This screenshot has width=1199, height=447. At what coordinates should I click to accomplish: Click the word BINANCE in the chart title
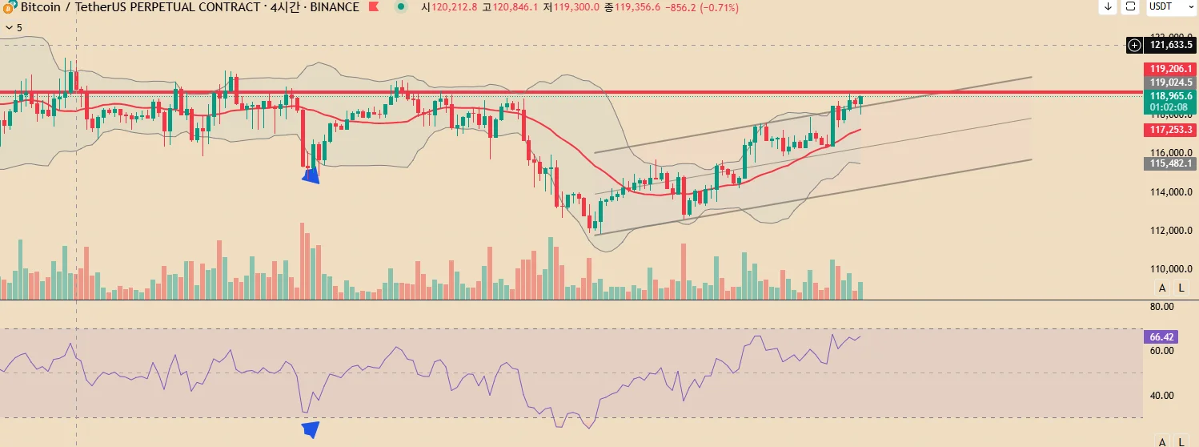(x=334, y=7)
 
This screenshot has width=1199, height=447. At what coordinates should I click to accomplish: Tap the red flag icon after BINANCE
(x=374, y=7)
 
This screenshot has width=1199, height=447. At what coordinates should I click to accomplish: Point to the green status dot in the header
(x=401, y=6)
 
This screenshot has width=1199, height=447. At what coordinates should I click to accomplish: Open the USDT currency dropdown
(x=1169, y=6)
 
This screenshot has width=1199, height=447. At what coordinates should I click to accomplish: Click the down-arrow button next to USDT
(x=1108, y=6)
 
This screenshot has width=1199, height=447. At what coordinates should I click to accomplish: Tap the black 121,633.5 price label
(x=1171, y=46)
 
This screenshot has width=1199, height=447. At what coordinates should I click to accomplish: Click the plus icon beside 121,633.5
(x=1133, y=46)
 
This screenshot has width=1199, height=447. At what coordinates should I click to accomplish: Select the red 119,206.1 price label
(x=1171, y=69)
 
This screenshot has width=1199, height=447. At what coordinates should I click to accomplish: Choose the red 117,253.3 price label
(x=1171, y=130)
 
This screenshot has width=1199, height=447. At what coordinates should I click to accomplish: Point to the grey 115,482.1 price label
(x=1171, y=163)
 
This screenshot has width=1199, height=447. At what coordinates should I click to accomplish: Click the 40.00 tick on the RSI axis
(x=1161, y=395)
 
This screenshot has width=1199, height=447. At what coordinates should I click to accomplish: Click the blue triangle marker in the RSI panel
(x=311, y=429)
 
